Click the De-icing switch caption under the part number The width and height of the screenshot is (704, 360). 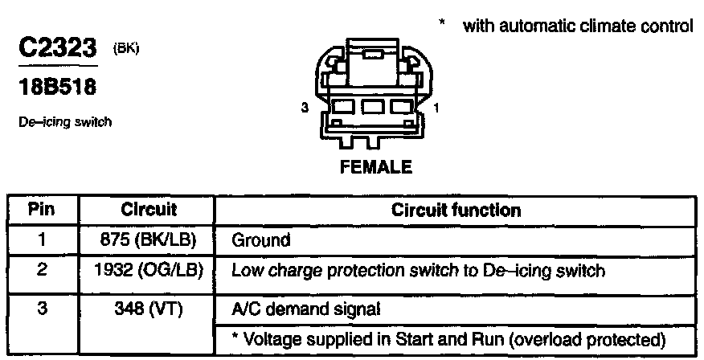click(63, 123)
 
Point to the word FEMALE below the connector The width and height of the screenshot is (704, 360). click(376, 168)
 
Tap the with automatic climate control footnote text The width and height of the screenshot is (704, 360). click(577, 26)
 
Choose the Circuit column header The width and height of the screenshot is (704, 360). click(148, 211)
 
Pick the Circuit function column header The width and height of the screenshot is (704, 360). click(456, 211)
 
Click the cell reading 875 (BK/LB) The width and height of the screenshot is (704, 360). click(149, 239)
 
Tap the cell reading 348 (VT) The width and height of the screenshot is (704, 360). click(149, 307)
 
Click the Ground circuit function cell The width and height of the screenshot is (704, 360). click(260, 239)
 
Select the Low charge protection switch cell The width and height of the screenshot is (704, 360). click(417, 270)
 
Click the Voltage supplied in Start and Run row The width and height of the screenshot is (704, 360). click(449, 336)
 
